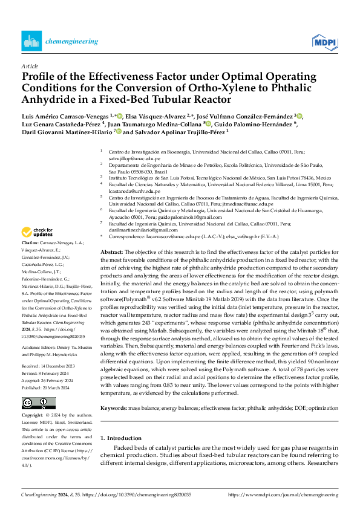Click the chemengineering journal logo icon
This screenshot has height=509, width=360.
(x=30, y=41)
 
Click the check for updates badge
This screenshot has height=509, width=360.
(x=38, y=232)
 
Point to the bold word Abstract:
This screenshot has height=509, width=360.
(x=112, y=251)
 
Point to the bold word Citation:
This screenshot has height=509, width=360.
(x=31, y=258)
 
